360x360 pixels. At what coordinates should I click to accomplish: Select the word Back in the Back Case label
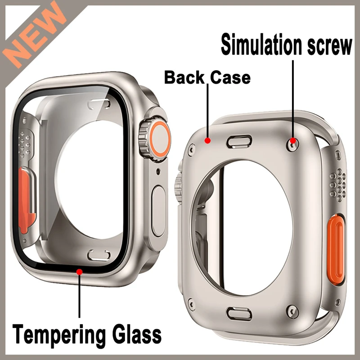click(x=184, y=77)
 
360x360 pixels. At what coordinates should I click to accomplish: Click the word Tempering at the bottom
click(x=56, y=334)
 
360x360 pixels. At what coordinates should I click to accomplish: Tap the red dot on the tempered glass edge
click(x=80, y=271)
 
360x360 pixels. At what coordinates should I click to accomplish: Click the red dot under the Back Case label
click(x=208, y=141)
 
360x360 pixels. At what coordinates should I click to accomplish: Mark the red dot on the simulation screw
click(x=293, y=141)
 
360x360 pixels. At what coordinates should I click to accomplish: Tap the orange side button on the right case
click(x=336, y=248)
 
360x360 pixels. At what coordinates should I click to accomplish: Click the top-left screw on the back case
click(x=192, y=147)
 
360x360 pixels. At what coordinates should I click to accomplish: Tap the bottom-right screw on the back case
click(x=293, y=311)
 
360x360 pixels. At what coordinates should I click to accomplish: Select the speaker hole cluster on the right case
click(x=337, y=184)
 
